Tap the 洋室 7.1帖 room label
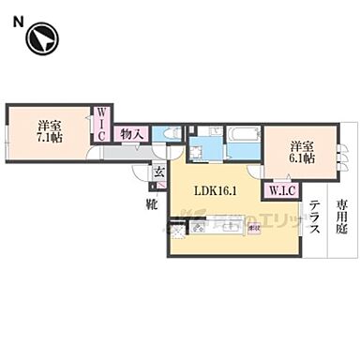click(x=49, y=131)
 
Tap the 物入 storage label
click(x=132, y=135)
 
